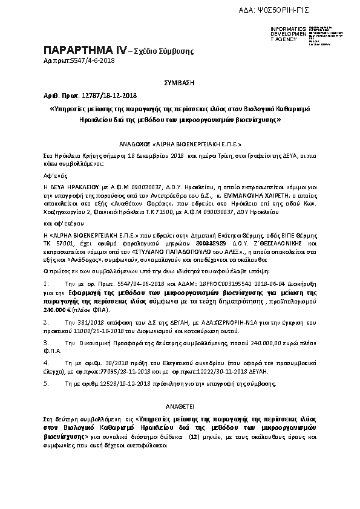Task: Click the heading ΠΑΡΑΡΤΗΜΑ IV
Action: (x=82, y=50)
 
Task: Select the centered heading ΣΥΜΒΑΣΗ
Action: (x=178, y=81)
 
